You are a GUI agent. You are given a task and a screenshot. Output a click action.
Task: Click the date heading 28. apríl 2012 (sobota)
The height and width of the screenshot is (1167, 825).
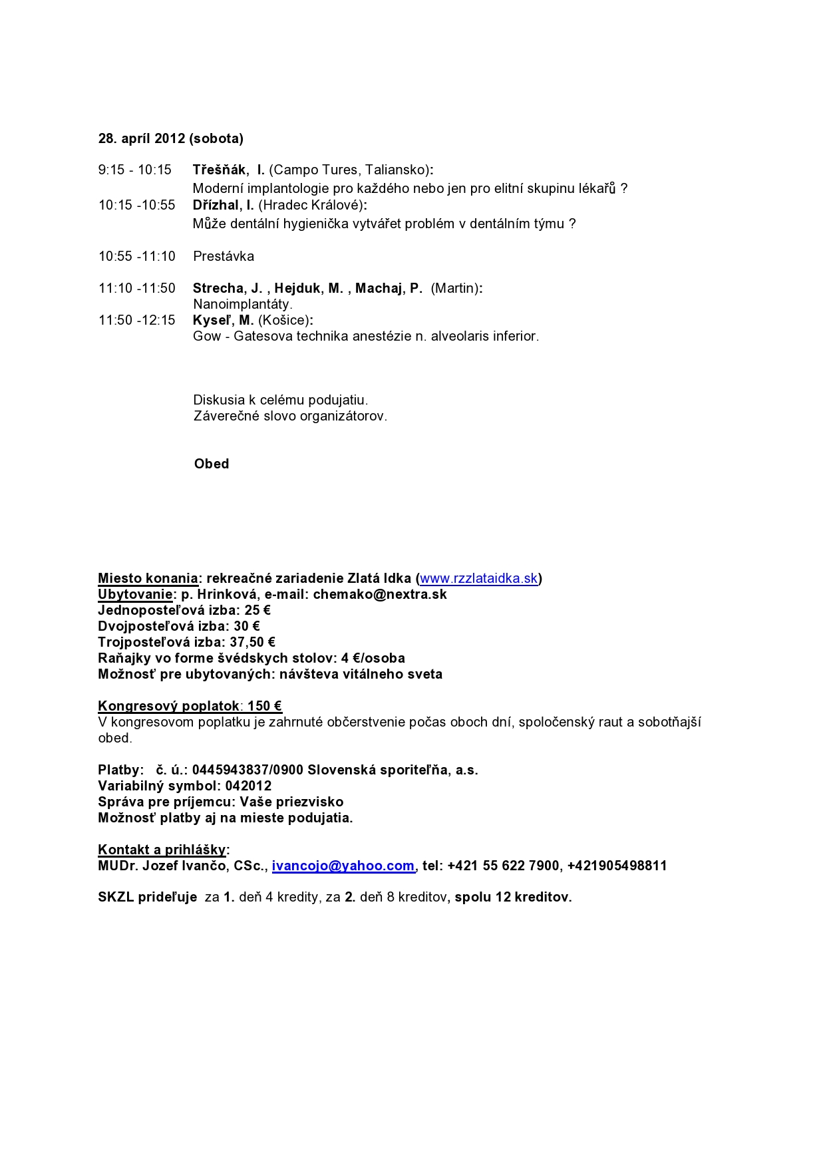pos(170,138)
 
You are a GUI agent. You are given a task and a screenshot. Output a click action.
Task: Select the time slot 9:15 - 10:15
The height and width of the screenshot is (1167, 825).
pos(135,170)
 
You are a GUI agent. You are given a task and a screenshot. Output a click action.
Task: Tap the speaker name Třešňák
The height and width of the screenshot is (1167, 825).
pos(219,170)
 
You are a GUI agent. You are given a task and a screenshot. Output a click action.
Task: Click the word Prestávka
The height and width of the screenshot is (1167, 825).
pos(224,256)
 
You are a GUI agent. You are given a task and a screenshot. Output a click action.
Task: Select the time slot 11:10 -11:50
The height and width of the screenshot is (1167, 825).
pos(137,288)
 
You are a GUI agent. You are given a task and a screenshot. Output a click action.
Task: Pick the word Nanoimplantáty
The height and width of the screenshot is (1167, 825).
pos(243,304)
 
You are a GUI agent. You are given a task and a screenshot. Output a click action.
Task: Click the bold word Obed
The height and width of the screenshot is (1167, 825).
pos(212,464)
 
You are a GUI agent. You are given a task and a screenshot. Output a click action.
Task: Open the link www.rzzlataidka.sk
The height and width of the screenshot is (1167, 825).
pos(478,578)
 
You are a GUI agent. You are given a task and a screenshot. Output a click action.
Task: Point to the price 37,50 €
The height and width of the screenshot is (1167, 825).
pos(252,642)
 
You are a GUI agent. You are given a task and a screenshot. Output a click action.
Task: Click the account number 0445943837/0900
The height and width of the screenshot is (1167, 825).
pos(247,770)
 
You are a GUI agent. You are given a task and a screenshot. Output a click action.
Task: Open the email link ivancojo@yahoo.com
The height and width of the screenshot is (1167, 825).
pos(343,866)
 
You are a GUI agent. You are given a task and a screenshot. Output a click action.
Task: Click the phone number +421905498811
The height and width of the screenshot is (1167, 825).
pos(617,866)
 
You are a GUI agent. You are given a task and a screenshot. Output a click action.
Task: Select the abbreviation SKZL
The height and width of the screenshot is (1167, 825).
pos(116,897)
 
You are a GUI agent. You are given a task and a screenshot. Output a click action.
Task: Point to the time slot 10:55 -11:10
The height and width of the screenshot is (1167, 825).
pos(137,256)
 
